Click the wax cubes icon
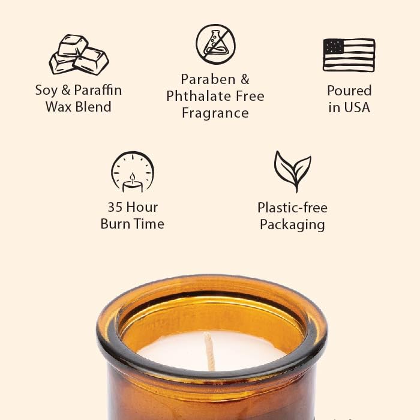[x=79, y=55]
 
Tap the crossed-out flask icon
[x=215, y=44]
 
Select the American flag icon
[x=349, y=55]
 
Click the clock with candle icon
[x=133, y=172]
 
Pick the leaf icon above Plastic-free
[x=292, y=171]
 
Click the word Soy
[x=47, y=91]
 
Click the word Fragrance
[x=215, y=113]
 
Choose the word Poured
[x=349, y=91]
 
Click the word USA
[x=358, y=107]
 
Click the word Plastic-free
[x=292, y=208]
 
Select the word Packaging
[x=292, y=225]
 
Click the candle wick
[x=209, y=352]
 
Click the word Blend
[x=95, y=107]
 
